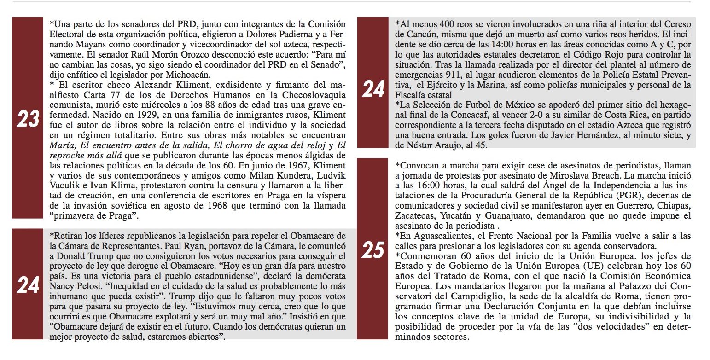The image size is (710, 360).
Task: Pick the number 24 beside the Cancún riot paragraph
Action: [372, 88]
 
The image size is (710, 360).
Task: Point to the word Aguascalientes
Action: [441, 235]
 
